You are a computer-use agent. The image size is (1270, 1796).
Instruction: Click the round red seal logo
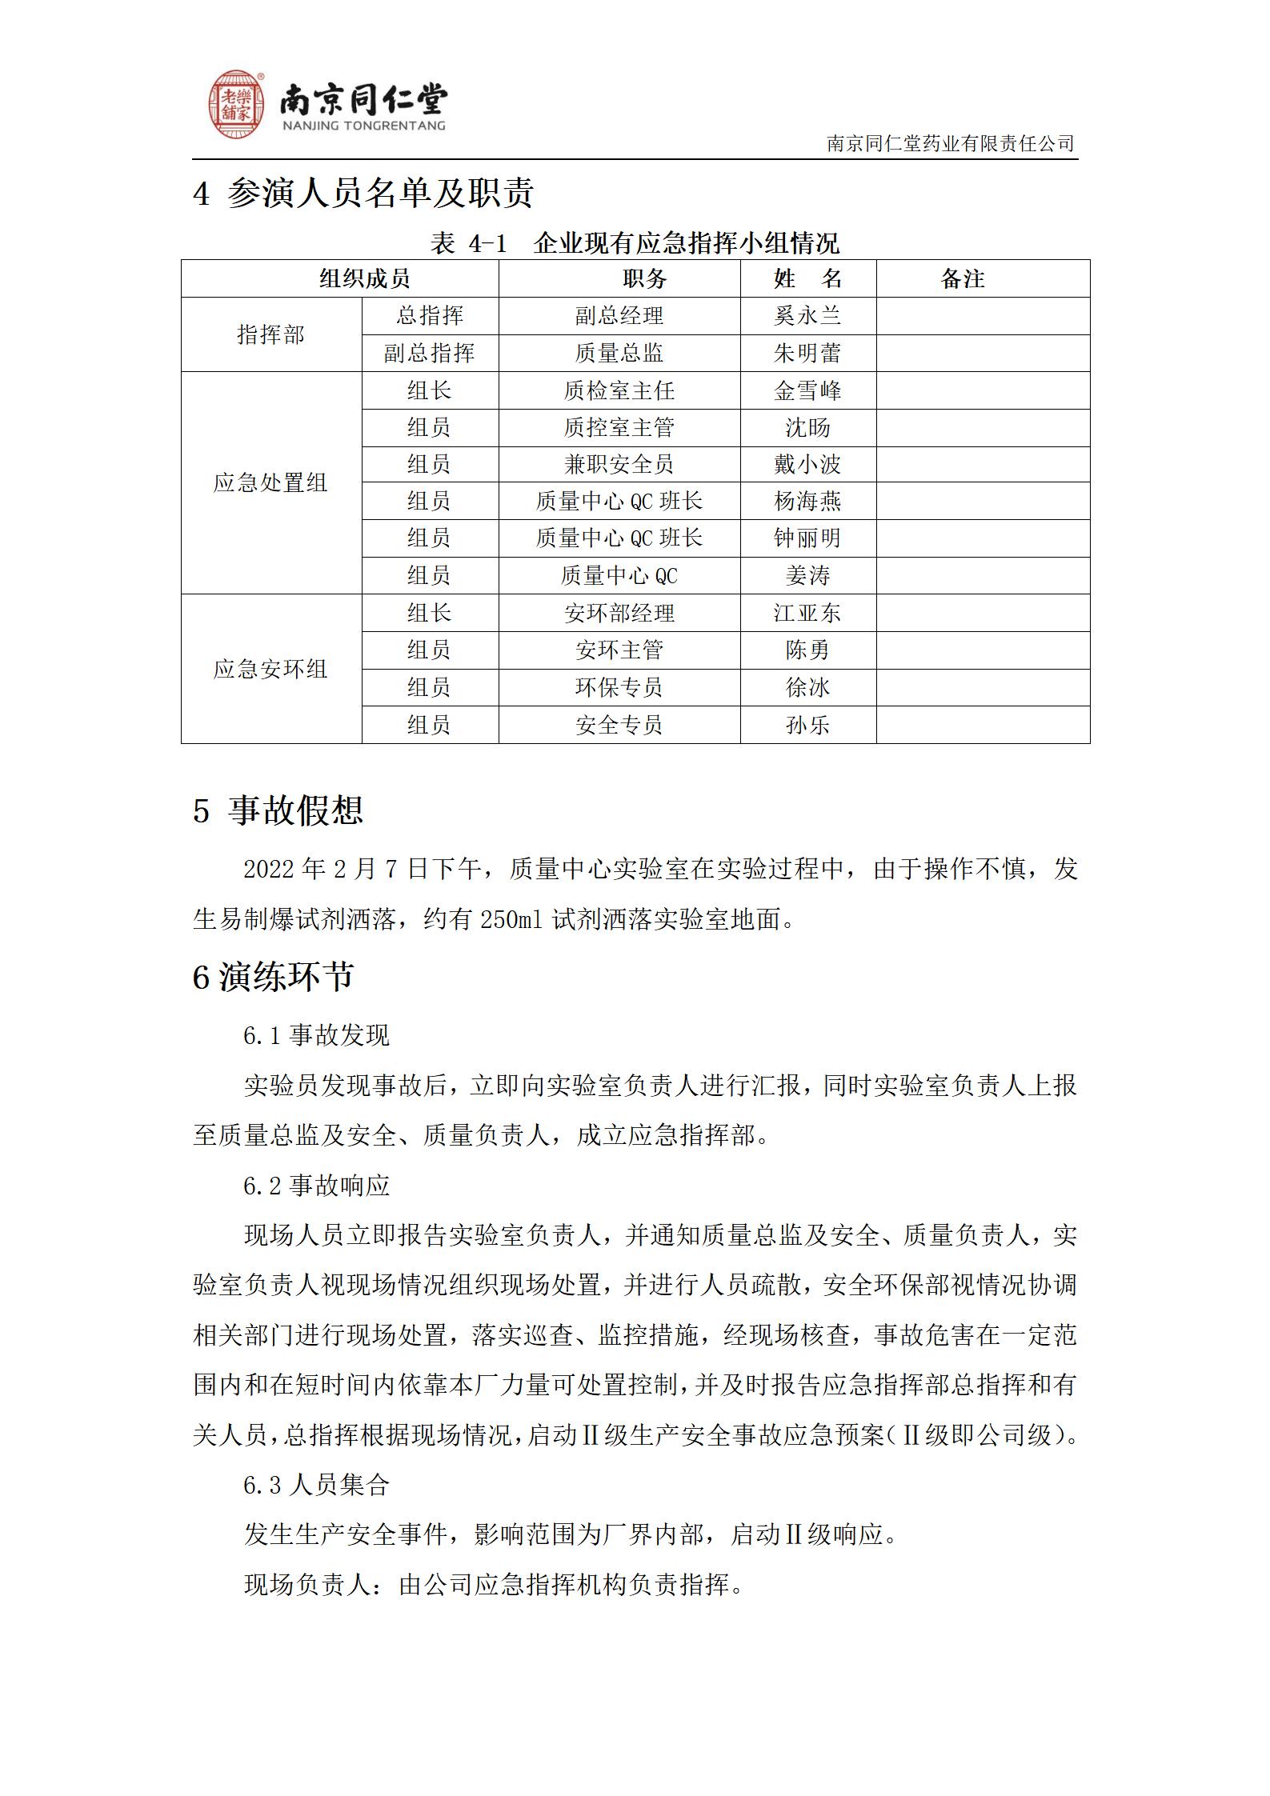[237, 104]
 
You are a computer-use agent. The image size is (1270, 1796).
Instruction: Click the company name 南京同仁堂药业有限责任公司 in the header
[950, 143]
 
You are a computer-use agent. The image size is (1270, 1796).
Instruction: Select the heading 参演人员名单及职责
[380, 193]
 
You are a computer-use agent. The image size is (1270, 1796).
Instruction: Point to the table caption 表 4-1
[469, 243]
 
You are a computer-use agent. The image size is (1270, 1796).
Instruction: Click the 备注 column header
[962, 278]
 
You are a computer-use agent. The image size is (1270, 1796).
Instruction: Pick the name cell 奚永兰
[807, 316]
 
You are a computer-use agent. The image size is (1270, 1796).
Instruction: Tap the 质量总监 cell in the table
[619, 353]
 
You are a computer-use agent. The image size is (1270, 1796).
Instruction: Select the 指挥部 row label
[270, 334]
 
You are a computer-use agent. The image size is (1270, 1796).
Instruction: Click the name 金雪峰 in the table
[807, 390]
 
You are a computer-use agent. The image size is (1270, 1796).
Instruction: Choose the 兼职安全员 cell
[619, 464]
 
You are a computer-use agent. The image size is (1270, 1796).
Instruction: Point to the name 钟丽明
[807, 538]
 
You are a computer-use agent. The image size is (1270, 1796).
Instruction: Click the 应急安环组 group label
[270, 669]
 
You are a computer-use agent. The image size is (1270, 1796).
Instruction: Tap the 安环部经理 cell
[619, 613]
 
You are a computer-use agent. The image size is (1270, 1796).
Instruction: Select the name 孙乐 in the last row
[807, 725]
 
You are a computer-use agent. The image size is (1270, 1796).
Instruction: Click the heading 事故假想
[295, 810]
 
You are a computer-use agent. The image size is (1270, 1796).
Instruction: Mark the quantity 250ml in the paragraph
[511, 920]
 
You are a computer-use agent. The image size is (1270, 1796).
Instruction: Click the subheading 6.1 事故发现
[316, 1035]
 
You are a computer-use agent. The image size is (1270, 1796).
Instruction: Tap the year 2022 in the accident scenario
[269, 869]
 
